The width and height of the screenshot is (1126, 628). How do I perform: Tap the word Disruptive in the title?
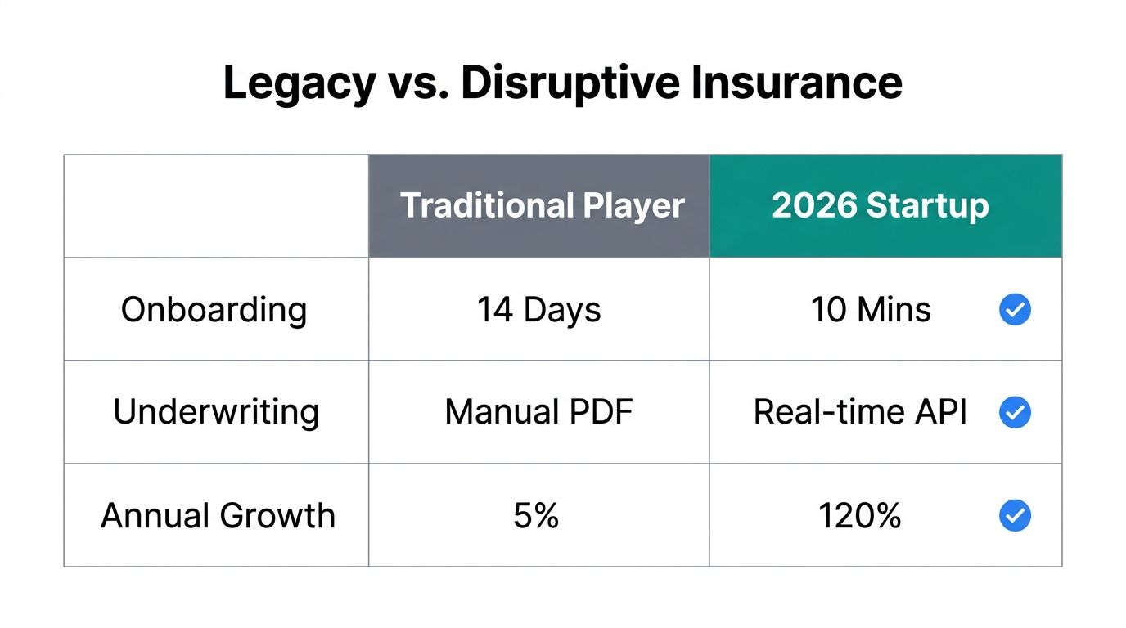570,83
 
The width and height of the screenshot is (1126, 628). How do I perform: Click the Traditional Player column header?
542,206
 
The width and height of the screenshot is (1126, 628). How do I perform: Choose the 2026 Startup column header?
881,206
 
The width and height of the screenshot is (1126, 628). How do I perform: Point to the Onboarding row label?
214,310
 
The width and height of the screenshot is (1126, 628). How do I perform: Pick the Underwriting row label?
216,412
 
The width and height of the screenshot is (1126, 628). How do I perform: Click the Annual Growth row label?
218,516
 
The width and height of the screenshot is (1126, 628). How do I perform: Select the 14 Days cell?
539,310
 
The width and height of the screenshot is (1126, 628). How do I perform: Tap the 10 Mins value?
871,310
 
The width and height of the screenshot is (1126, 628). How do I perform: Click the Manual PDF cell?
538,412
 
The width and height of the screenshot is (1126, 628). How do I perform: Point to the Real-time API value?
860,412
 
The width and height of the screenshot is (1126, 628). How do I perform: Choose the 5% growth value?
537,516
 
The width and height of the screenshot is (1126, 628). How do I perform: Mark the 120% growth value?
860,516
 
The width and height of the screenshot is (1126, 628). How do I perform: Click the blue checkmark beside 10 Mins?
1016,310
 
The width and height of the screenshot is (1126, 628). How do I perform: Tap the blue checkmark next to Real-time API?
1016,413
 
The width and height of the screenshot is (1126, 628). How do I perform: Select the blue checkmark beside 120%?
1016,516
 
